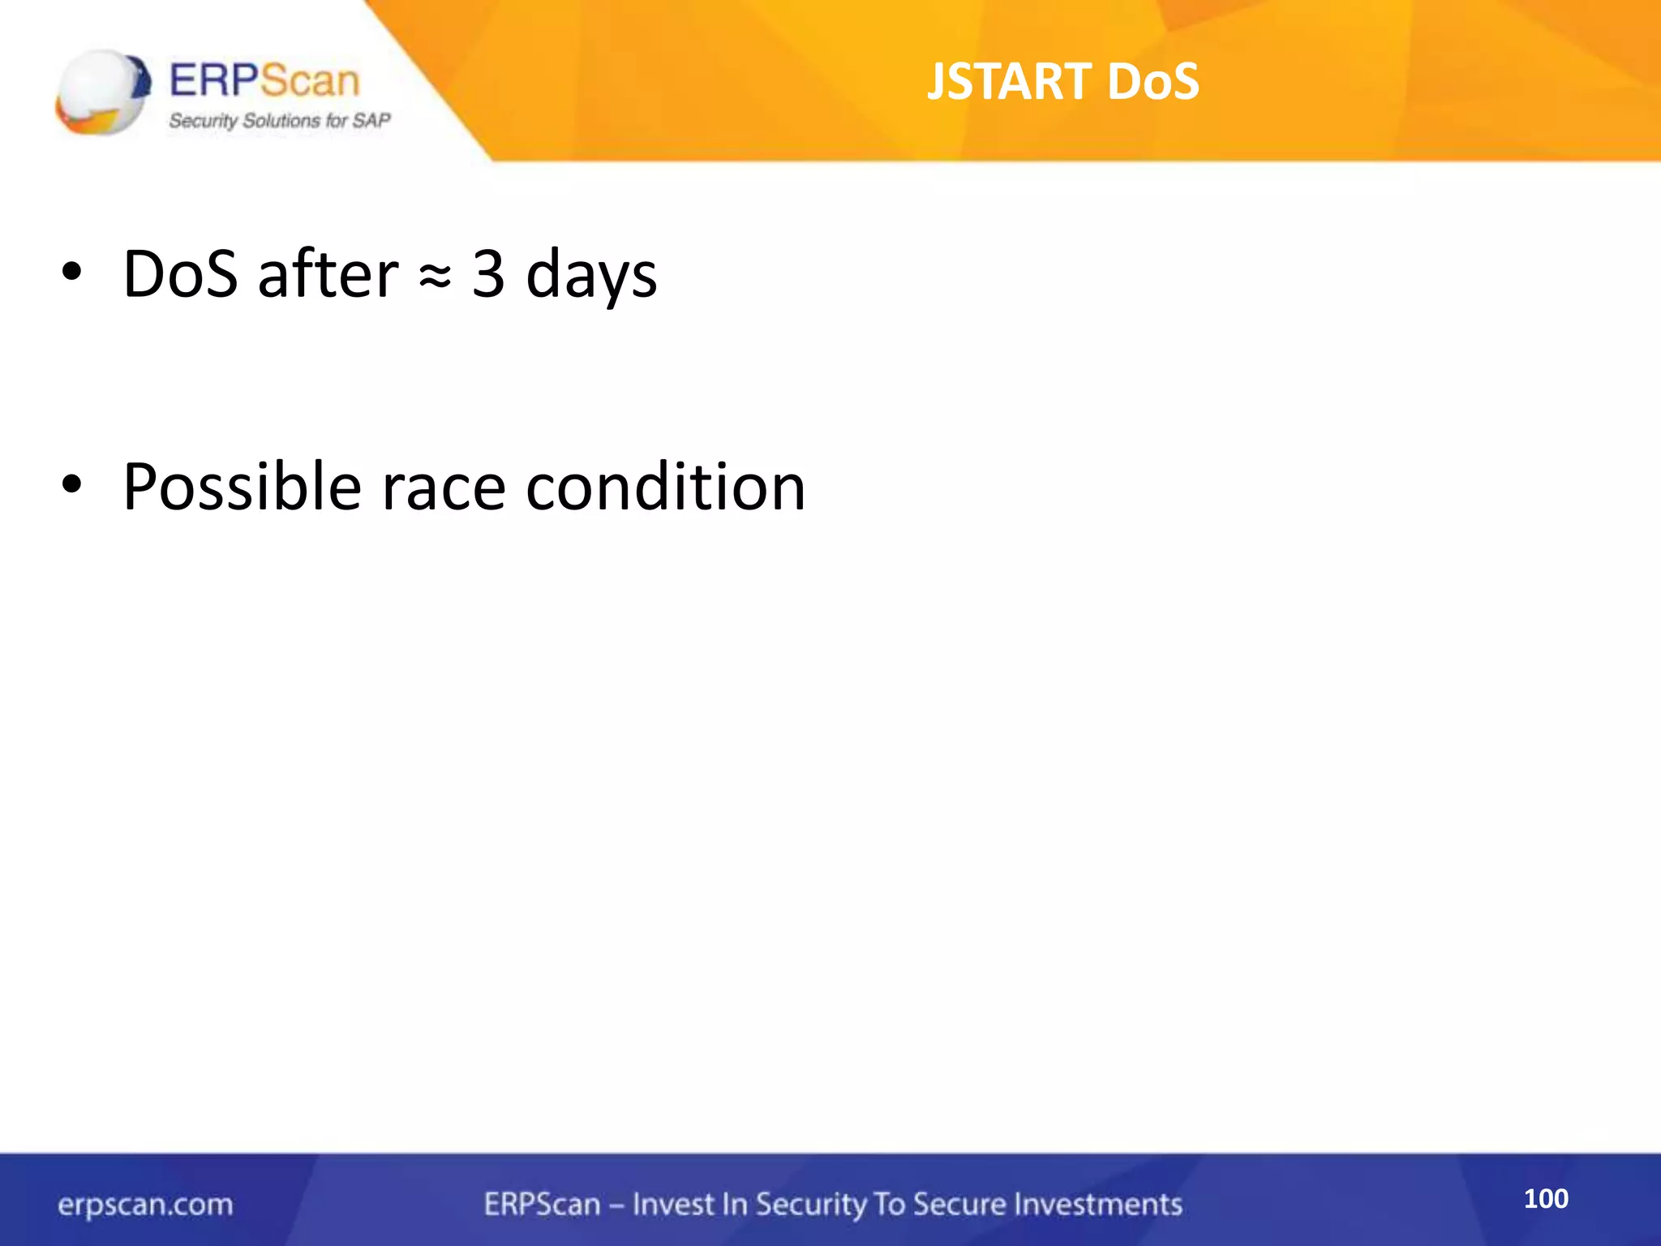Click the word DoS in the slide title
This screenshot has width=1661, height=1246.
coord(1152,82)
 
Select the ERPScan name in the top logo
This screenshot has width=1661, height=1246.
coord(264,81)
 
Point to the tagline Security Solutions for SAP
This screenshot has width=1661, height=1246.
coord(279,121)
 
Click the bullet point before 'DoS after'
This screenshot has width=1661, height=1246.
coord(71,273)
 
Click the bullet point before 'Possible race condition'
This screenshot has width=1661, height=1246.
coord(71,485)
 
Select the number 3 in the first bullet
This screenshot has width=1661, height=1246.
coord(488,273)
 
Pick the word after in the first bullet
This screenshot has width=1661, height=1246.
coord(328,273)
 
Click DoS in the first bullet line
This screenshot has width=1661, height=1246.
coord(180,273)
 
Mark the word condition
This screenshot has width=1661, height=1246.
coord(665,487)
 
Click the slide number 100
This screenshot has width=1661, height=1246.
coord(1546,1198)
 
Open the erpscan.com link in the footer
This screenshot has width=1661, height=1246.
coord(145,1205)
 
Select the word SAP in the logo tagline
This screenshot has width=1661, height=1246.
coord(371,121)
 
